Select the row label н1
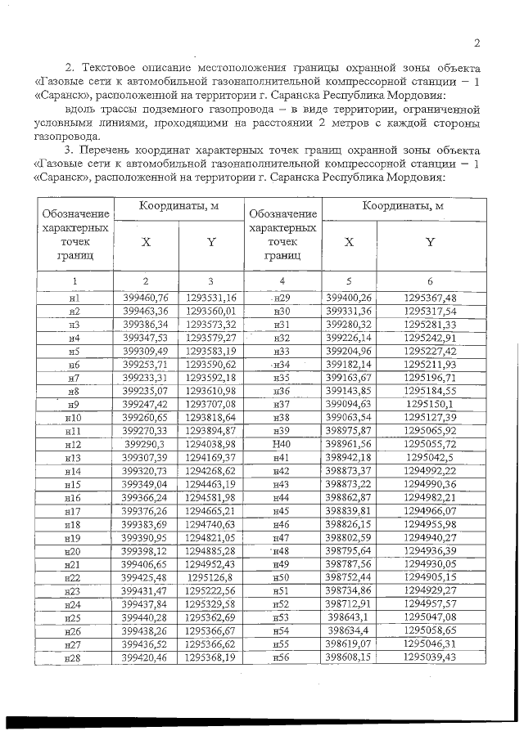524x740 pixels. pos(75,298)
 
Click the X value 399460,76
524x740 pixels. pos(145,298)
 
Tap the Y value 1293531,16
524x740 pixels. pos(210,298)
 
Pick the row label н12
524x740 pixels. pos(75,444)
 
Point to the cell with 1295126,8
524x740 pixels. pos(210,577)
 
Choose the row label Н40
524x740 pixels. pos(282,444)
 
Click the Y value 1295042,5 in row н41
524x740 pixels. pos(430,458)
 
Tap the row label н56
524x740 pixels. pos(282,657)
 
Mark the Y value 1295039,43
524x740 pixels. pos(430,657)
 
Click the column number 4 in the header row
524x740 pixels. pos(282,280)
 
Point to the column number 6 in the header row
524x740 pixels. pos(430,280)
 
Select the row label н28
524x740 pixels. pos(75,657)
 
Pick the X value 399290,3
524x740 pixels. pos(145,444)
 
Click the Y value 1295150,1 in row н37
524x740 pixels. pos(430,404)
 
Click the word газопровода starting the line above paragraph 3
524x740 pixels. pos(69,137)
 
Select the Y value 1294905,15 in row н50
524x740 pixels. pos(430,577)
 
